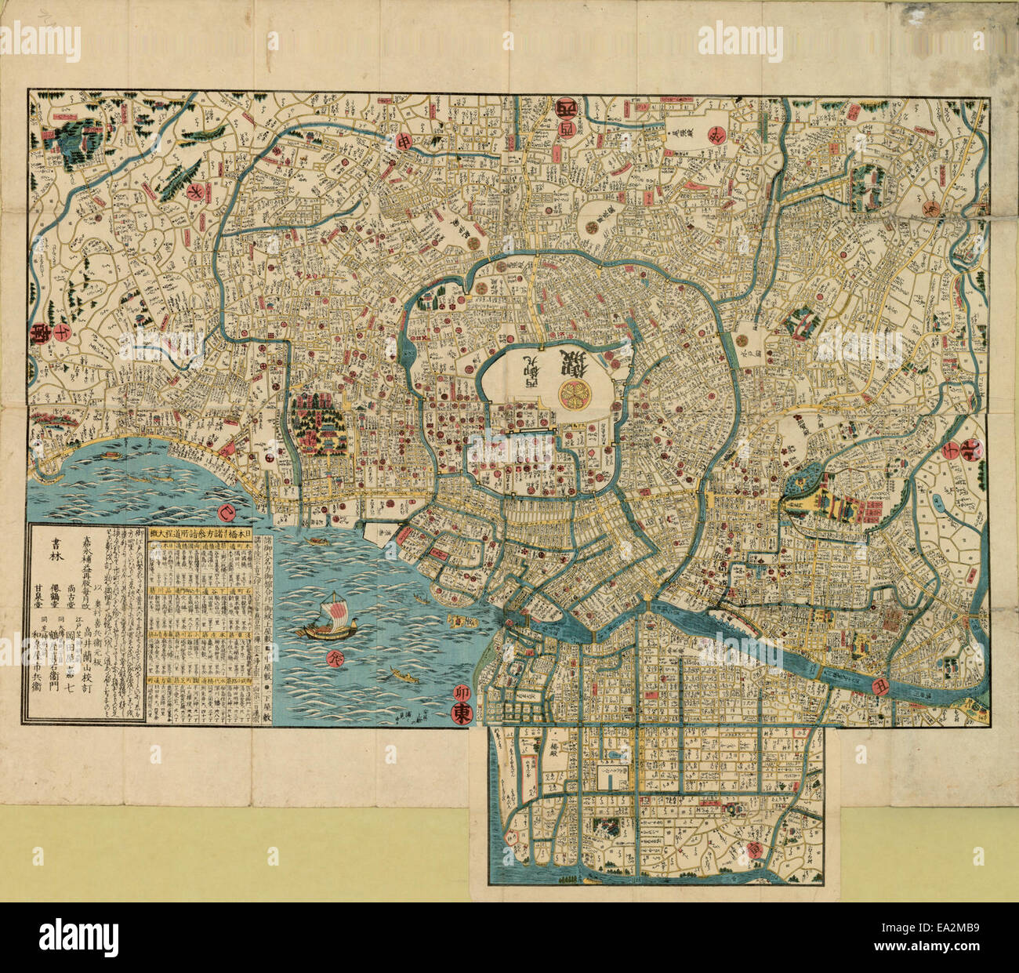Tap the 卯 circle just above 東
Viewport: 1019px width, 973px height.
pyautogui.click(x=462, y=692)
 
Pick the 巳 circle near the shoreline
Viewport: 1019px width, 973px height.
pyautogui.click(x=228, y=514)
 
